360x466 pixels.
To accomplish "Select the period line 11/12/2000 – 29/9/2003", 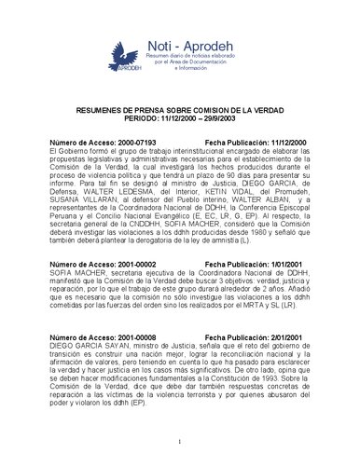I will coord(180,117).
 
